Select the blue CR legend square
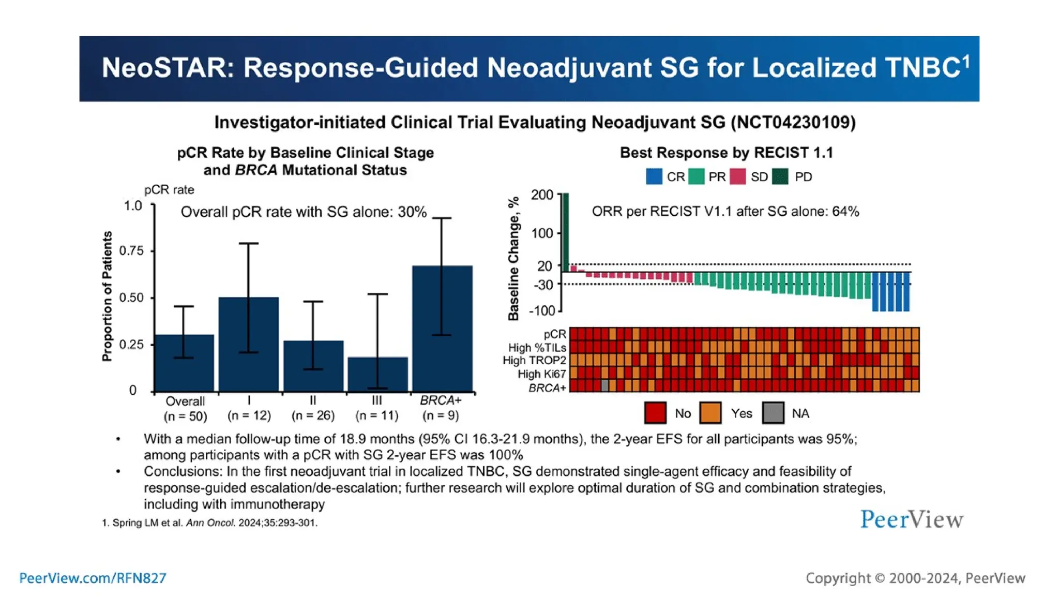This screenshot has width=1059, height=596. [654, 177]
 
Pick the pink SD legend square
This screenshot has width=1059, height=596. [737, 177]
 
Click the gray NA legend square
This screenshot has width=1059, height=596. [773, 413]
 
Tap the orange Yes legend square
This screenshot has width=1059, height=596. [710, 413]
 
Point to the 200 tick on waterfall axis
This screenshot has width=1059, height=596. [542, 195]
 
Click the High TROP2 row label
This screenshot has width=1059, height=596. [534, 361]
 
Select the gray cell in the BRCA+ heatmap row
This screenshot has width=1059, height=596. [604, 385]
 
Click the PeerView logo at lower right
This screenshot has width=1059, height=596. [912, 519]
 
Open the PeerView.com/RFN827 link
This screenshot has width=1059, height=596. [93, 578]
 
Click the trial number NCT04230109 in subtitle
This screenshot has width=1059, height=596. [793, 123]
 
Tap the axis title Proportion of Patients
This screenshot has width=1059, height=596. [107, 296]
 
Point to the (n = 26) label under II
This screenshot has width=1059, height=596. [313, 415]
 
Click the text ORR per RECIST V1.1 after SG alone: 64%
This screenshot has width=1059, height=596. [725, 212]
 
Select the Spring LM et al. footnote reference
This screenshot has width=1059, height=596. [209, 523]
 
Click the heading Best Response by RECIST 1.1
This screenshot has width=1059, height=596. [726, 153]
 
